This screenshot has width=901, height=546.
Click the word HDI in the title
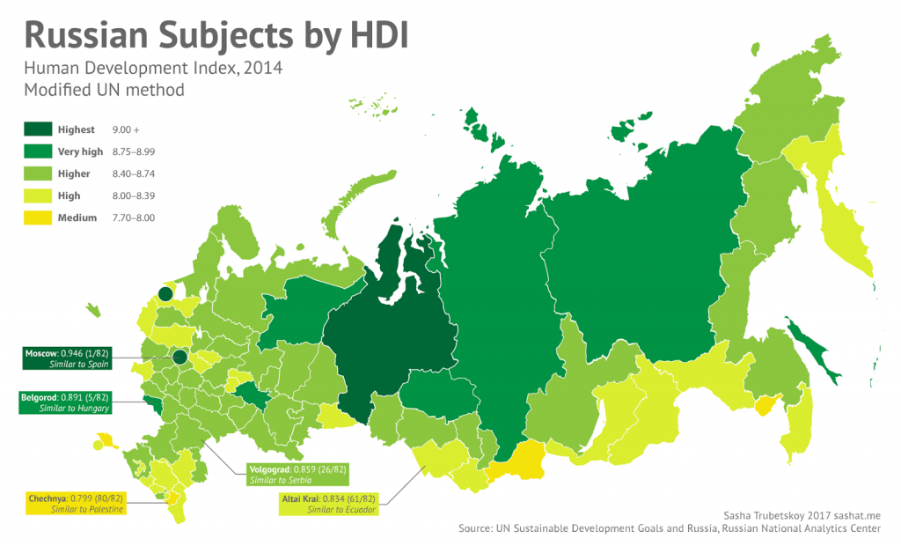[360, 36]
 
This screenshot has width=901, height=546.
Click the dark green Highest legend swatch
[37, 129]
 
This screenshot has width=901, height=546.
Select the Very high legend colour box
[37, 151]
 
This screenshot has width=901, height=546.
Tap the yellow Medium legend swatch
[37, 218]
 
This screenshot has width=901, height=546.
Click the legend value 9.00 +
[127, 129]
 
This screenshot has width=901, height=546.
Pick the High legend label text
[70, 196]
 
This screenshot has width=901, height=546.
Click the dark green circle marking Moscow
[179, 357]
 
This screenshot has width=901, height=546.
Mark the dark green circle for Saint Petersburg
[165, 294]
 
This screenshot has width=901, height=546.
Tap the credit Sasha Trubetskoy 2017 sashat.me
[802, 515]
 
